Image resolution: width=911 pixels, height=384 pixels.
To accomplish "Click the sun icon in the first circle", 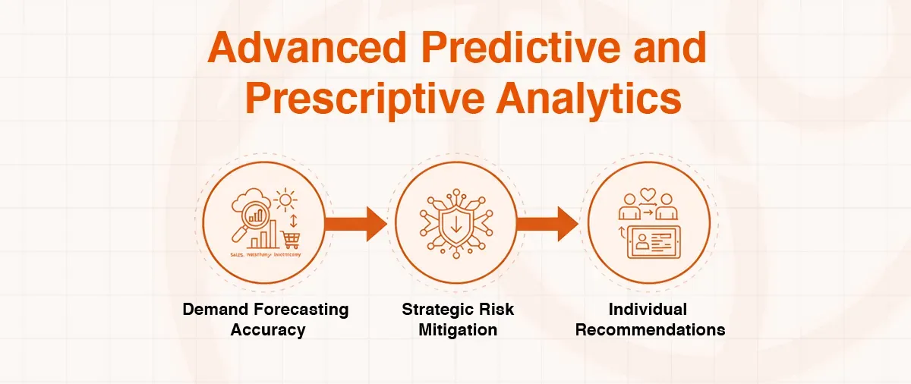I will [x=286, y=202].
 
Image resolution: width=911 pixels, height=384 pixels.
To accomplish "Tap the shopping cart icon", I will [x=291, y=241].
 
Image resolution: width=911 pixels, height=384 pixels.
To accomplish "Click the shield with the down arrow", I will [x=455, y=225].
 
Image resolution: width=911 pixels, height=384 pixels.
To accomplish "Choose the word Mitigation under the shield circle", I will [x=458, y=330].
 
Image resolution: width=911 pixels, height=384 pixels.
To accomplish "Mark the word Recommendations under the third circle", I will [x=650, y=330].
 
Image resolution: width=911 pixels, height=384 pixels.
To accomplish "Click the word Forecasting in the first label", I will [x=302, y=310].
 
